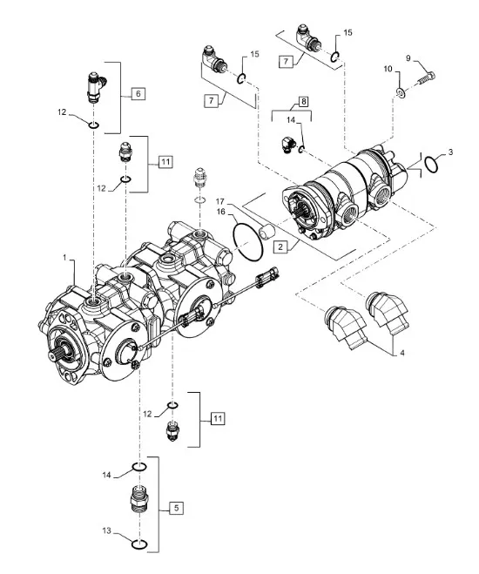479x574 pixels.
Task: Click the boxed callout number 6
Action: click(x=138, y=94)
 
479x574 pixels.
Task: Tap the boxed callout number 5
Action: click(x=177, y=508)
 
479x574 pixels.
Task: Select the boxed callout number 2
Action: click(x=280, y=246)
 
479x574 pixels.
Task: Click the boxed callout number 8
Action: click(x=303, y=101)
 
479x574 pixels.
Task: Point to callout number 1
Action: click(x=65, y=258)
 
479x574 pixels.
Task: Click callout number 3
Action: click(x=450, y=152)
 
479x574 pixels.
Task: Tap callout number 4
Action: click(x=402, y=354)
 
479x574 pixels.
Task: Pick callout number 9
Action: click(x=408, y=58)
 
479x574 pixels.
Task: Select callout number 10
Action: click(x=388, y=69)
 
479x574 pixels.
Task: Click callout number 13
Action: click(x=106, y=530)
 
